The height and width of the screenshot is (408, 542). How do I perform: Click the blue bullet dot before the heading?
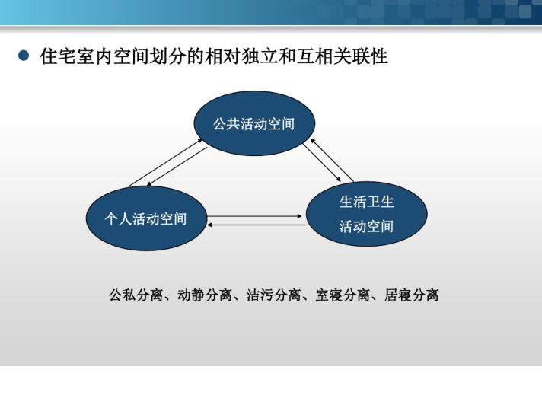pyautogui.click(x=24, y=56)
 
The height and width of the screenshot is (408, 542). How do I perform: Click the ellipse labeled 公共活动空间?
pyautogui.click(x=254, y=123)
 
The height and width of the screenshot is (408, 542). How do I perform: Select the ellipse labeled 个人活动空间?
pyautogui.click(x=146, y=218)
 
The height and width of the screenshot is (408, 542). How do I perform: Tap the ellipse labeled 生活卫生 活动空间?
pyautogui.click(x=366, y=214)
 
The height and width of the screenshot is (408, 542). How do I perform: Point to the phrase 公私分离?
pyautogui.click(x=135, y=295)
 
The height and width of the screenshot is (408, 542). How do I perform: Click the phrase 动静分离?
pyautogui.click(x=205, y=295)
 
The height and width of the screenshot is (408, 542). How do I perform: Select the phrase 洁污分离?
pyautogui.click(x=273, y=295)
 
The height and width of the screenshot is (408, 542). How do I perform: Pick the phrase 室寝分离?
pyautogui.click(x=343, y=295)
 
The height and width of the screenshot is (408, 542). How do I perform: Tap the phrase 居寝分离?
pyautogui.click(x=411, y=295)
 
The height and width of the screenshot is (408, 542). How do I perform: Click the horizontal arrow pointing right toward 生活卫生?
pyautogui.click(x=254, y=216)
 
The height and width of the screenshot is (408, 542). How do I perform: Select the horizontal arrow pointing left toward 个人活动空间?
pyautogui.click(x=257, y=225)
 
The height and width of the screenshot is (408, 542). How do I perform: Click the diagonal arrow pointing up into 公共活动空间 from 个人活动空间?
pyautogui.click(x=166, y=162)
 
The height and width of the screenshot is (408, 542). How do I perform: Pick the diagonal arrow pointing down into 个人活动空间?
pyautogui.click(x=177, y=167)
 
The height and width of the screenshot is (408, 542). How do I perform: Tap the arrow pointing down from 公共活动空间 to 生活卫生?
pyautogui.click(x=322, y=162)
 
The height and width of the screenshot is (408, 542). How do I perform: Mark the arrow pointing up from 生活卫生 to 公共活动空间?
pyautogui.click(x=332, y=160)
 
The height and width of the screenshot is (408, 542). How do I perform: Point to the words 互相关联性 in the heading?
pyautogui.click(x=342, y=56)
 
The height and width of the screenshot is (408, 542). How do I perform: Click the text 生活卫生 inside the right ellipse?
pyautogui.click(x=366, y=202)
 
